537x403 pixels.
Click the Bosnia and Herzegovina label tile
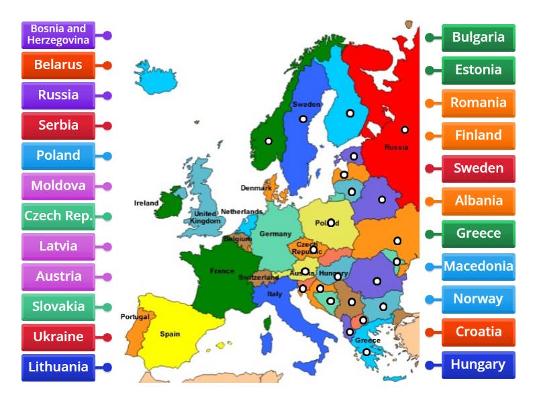click(58, 35)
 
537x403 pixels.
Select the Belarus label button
click(58, 65)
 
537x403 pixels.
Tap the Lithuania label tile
click(58, 367)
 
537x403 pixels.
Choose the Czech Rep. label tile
click(58, 216)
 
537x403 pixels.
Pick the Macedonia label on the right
click(479, 267)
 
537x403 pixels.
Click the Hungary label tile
click(479, 365)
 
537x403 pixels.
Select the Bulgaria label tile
click(479, 38)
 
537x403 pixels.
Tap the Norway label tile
click(479, 300)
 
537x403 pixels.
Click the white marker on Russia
click(405, 130)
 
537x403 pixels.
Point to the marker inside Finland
click(350, 113)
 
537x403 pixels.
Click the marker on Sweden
click(303, 119)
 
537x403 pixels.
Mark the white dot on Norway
click(268, 141)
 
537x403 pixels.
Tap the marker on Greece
click(367, 352)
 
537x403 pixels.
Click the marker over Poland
click(331, 223)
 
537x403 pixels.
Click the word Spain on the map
click(169, 333)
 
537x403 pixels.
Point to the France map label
click(222, 271)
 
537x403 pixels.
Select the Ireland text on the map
click(146, 202)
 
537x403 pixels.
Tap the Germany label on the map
click(275, 234)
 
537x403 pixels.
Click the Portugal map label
click(134, 316)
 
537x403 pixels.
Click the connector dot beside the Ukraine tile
click(107, 337)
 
